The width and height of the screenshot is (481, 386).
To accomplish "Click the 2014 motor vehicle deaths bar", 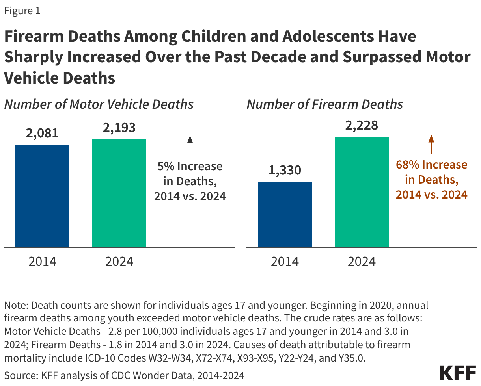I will tap(42, 196).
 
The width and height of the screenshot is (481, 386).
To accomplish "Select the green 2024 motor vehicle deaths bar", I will tap(119, 193).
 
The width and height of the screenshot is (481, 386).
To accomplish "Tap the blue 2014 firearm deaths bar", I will tap(285, 215).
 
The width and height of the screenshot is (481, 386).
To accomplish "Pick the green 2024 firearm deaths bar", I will tap(362, 193).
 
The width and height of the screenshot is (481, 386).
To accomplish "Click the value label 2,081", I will tap(42, 133).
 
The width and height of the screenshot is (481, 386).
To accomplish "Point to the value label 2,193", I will tap(119, 128).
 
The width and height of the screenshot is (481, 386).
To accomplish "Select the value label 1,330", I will tap(285, 170).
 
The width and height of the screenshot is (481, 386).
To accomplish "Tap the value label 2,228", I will tap(362, 126).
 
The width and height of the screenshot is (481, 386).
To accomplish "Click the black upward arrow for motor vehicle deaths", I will tap(190, 145).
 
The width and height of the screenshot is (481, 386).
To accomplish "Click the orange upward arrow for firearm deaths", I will tap(431, 144).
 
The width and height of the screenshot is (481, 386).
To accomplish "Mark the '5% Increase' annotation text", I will tap(190, 166).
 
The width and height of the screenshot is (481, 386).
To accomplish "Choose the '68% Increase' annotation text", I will tap(431, 165).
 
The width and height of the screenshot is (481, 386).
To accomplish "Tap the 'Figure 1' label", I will tap(22, 11).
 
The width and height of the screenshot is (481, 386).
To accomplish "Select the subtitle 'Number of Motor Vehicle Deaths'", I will tap(99, 104).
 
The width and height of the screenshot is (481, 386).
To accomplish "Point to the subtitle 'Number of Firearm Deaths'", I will tap(324, 104).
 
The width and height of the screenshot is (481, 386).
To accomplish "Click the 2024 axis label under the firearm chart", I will tap(362, 262).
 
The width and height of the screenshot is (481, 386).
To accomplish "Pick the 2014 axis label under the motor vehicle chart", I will tap(42, 262).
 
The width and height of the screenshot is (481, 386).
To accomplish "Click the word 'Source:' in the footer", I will tap(18, 375).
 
